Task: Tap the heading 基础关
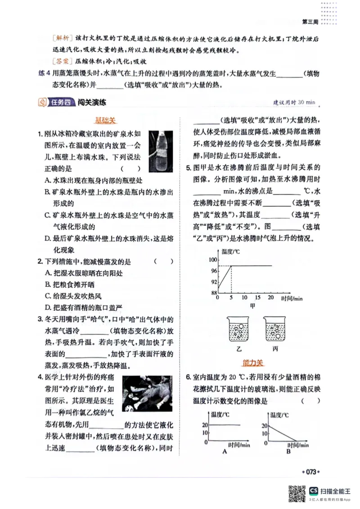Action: (x=105, y=121)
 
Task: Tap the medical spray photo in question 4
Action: (x=147, y=393)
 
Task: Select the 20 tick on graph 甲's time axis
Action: (x=270, y=298)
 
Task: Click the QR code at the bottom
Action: (x=296, y=493)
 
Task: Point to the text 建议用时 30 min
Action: (x=294, y=103)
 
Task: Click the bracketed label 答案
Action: (x=61, y=61)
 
